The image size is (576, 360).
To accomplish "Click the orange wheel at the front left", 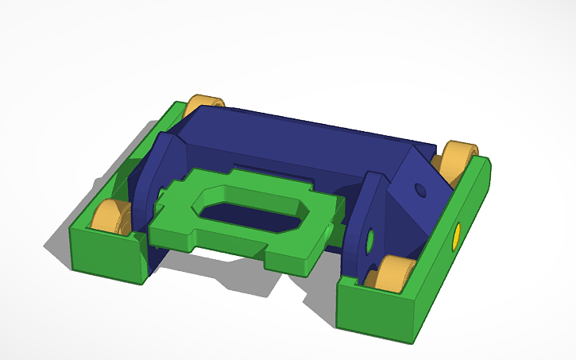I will pyautogui.click(x=110, y=217).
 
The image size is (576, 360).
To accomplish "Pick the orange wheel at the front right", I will pyautogui.click(x=391, y=274).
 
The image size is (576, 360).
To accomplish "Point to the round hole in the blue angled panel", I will pyautogui.click(x=419, y=192).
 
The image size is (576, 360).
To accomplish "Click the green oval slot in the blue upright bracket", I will pyautogui.click(x=370, y=239).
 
